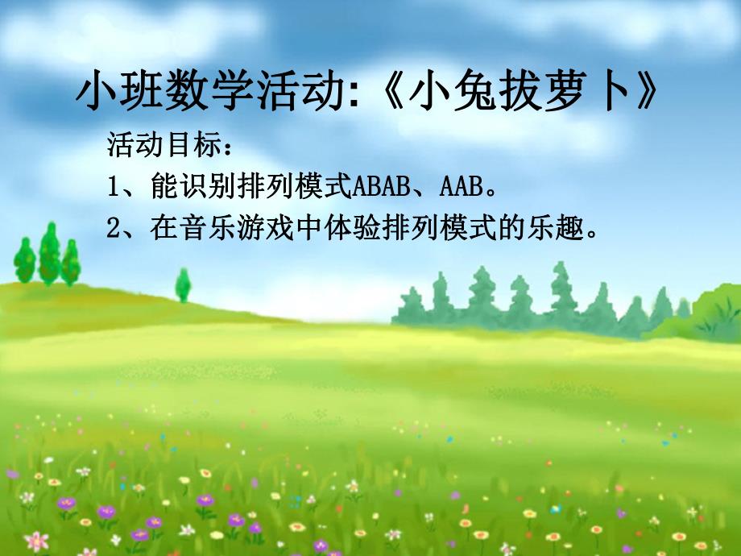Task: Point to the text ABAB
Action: click(x=382, y=188)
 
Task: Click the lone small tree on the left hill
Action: click(x=184, y=284)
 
